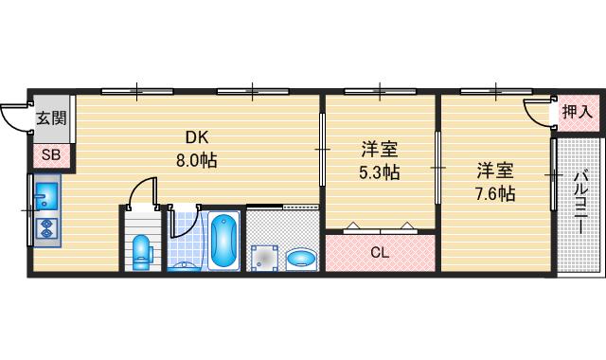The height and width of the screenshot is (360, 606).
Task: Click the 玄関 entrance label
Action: (x=51, y=118)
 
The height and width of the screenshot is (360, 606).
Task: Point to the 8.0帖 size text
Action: (x=196, y=160)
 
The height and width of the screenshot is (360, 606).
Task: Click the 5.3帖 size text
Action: (x=379, y=171)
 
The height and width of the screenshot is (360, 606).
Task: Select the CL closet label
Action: (x=379, y=253)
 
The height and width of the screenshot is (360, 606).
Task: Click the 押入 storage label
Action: (x=577, y=112)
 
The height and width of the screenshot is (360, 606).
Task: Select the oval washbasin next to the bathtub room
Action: (x=301, y=259)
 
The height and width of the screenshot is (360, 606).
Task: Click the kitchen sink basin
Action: (x=45, y=196)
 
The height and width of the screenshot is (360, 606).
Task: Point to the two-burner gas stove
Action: (x=45, y=228)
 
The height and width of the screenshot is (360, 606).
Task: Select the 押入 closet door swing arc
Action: (x=539, y=111)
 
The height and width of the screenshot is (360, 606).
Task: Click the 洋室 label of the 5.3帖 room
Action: (x=379, y=150)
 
